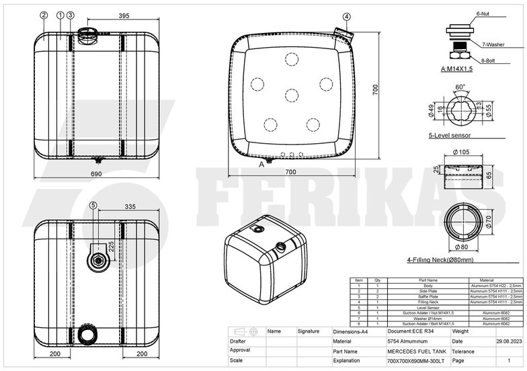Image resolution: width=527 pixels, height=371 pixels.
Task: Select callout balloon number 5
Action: coord(93,205)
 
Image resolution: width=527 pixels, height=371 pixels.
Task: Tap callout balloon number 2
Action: coord(44,15)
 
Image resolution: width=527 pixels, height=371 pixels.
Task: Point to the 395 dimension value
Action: coord(123,15)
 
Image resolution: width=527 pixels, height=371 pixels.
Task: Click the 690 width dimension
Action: coord(97,174)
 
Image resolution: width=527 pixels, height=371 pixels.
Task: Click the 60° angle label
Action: coord(460,87)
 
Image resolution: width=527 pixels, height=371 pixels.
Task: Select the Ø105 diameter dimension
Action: coord(461,152)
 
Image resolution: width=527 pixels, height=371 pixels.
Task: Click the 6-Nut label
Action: coord(486,13)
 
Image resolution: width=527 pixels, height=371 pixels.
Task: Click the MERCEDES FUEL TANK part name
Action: coord(417,351)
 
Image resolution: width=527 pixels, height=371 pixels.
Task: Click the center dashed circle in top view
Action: coord(291,95)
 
